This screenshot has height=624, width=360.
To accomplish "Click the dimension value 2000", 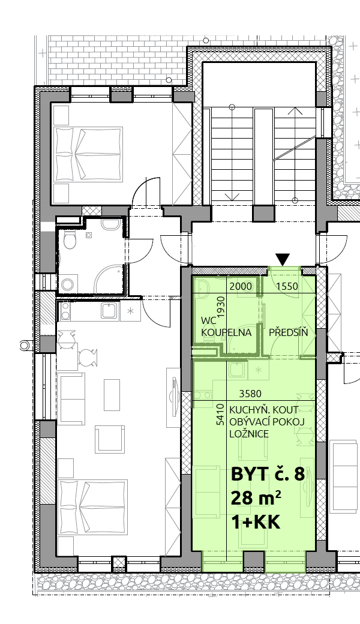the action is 241,286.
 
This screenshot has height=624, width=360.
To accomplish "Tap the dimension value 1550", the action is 287,286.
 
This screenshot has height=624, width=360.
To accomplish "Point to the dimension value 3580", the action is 250,394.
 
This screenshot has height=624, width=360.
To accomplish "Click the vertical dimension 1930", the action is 221,306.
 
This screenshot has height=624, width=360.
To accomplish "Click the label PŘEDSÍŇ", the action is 289,332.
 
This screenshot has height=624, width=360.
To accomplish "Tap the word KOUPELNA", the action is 226,332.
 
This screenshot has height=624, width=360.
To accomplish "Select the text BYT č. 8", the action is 268,474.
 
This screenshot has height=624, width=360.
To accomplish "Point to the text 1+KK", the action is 256,522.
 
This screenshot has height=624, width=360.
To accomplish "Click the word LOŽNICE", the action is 249,434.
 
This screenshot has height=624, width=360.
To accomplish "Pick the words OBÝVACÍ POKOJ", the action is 267,421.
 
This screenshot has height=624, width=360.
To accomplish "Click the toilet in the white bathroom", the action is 70,239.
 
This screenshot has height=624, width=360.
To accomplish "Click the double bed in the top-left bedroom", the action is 88,153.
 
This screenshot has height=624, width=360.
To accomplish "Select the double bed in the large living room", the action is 92,508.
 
